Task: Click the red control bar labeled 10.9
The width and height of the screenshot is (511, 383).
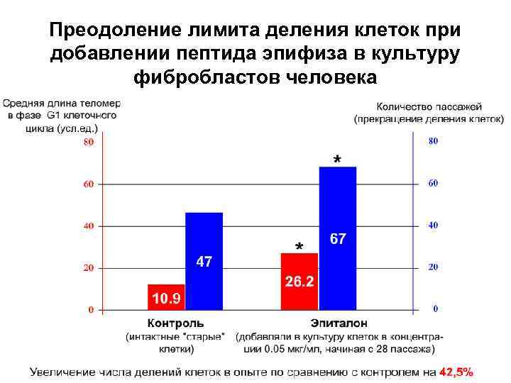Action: (166, 297)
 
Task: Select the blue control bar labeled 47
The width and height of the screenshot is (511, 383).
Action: (204, 261)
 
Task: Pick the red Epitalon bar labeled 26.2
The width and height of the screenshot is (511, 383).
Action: (300, 282)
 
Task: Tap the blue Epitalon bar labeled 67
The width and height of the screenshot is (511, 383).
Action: (338, 238)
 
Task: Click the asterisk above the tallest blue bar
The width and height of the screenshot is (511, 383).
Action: (336, 159)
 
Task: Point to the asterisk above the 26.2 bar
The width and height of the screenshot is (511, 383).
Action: (299, 247)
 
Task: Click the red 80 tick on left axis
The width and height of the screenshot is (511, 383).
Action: (89, 142)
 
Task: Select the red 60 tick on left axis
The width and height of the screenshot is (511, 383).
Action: (89, 184)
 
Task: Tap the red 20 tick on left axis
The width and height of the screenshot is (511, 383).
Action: (89, 268)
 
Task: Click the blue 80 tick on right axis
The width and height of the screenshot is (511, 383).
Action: (433, 141)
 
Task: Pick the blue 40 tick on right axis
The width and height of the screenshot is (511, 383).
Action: (433, 225)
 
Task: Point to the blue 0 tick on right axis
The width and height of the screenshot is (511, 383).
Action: (435, 309)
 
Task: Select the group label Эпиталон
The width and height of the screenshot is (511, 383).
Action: (334, 324)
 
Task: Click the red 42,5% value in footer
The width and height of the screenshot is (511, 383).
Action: (456, 372)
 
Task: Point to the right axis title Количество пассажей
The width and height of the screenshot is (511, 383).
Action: (429, 105)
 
